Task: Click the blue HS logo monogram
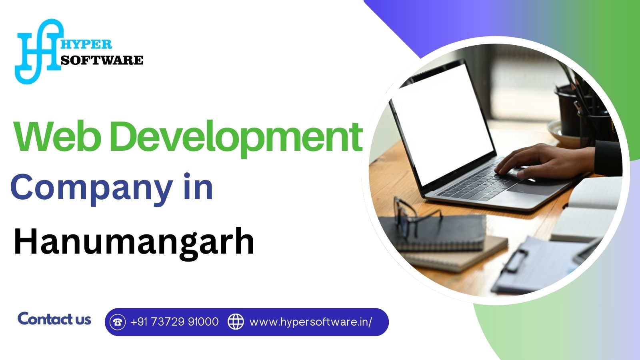[x=38, y=52]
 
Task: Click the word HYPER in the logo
[x=86, y=44]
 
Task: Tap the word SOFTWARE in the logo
[x=102, y=60]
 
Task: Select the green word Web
[x=57, y=136]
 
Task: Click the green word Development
[x=238, y=138]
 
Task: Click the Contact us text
[x=54, y=319]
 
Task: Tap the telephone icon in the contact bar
[x=118, y=322]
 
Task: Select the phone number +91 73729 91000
[x=174, y=322]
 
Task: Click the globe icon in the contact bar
[x=236, y=322]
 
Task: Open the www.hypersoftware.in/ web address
[x=311, y=322]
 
